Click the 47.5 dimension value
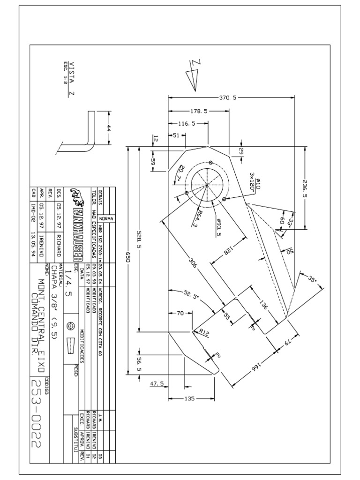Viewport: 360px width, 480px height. pos(157,384)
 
